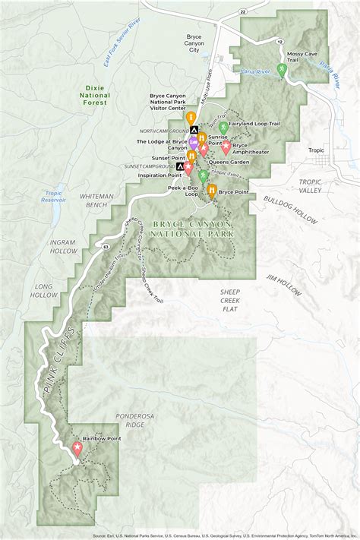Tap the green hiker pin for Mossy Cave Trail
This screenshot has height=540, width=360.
click(282, 70)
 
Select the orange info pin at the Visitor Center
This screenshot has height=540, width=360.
click(191, 118)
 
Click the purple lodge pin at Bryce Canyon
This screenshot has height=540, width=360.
click(194, 142)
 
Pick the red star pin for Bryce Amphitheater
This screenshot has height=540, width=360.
click(226, 149)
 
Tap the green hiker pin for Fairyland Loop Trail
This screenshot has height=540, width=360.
click(223, 127)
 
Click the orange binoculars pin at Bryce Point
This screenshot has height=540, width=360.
click(210, 190)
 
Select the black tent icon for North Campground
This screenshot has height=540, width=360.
click(194, 130)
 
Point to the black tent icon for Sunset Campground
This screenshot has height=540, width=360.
click(180, 166)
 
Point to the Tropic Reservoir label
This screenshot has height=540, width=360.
click(54, 196)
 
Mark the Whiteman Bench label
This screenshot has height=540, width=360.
click(96, 201)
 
